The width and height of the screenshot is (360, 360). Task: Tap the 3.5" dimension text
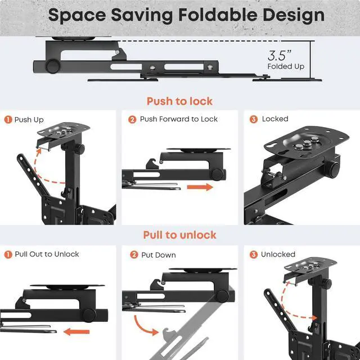click(280, 55)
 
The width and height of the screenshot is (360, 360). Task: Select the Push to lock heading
click(179, 101)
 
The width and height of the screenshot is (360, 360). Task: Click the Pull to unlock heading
click(179, 235)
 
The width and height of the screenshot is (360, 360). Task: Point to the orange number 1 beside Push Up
click(8, 119)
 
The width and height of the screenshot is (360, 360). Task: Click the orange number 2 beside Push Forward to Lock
click(132, 119)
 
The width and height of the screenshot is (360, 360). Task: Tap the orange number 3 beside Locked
click(254, 119)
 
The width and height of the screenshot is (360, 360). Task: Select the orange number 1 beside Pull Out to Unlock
click(8, 254)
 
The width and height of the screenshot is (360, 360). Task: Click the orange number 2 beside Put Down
click(133, 255)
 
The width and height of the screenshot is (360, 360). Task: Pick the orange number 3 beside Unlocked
click(254, 255)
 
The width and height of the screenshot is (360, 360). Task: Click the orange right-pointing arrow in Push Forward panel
click(200, 187)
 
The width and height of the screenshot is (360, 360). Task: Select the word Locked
click(275, 119)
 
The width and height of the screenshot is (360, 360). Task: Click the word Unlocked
click(278, 255)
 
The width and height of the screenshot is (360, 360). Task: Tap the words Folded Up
click(286, 66)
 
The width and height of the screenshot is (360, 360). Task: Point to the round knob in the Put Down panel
click(222, 295)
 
